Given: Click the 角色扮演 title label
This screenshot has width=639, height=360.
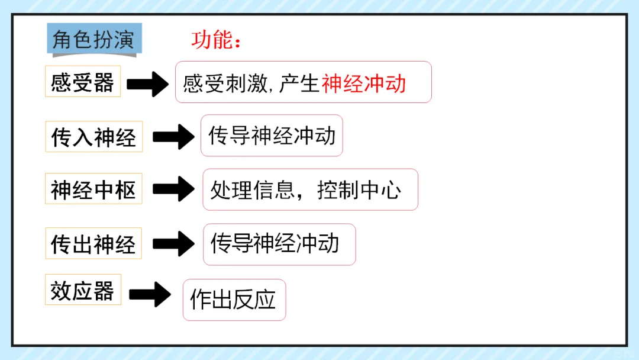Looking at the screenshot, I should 93,41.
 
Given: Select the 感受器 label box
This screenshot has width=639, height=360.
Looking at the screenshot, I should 83,82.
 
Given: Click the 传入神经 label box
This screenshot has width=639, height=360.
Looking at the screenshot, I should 93,137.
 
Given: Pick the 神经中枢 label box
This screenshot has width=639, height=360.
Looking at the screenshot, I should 93,190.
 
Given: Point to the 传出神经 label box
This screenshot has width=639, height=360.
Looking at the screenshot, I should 93,243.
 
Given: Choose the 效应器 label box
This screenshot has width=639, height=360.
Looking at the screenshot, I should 83,290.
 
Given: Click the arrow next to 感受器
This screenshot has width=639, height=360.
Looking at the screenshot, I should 149,83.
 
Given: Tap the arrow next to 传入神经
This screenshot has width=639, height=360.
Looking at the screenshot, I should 173,137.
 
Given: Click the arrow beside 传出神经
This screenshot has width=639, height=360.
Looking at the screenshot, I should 173,243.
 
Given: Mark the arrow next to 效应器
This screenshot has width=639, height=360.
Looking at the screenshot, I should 150,294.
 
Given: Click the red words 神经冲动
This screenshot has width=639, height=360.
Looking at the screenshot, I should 364,83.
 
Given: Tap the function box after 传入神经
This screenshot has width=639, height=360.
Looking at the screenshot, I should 272,136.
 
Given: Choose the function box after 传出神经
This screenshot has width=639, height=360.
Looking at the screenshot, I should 279,244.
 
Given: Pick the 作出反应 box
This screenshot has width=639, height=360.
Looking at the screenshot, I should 234,300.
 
